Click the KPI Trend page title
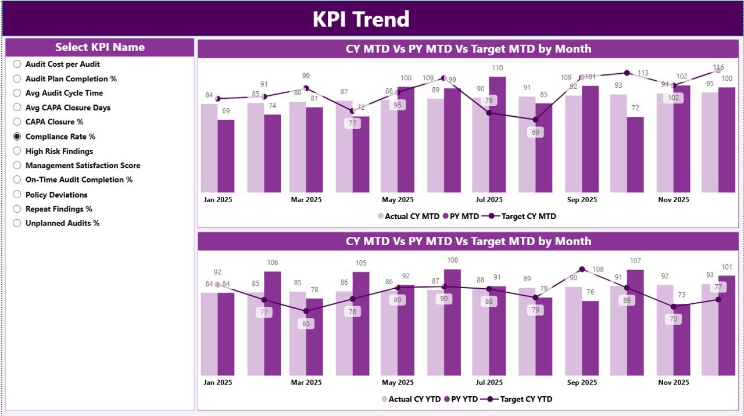tap(361, 19)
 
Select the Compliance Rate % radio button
tap(17, 137)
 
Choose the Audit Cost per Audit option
tap(17, 64)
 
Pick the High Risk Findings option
tap(17, 151)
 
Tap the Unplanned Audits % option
tap(17, 223)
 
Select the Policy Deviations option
tap(17, 195)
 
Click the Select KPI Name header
tap(100, 48)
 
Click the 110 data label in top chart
tap(497, 68)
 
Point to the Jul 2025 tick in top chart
tap(489, 200)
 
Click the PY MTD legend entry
tap(461, 216)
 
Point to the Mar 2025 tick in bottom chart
tap(306, 382)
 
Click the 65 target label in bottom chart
tap(306, 324)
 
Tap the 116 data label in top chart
tap(718, 67)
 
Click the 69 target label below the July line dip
tap(535, 132)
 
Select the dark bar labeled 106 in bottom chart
tap(272, 322)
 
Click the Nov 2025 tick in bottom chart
tap(673, 382)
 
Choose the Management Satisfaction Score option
tap(17, 166)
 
